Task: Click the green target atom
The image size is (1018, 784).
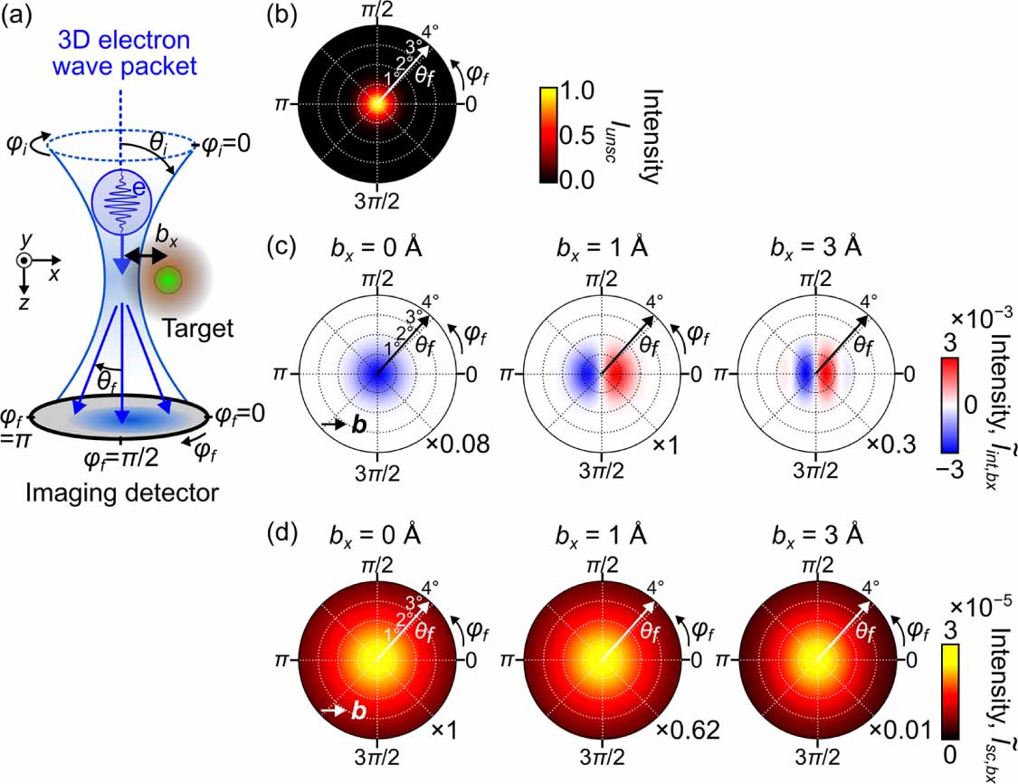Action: tap(166, 280)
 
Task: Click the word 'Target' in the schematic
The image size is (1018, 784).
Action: tap(202, 328)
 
